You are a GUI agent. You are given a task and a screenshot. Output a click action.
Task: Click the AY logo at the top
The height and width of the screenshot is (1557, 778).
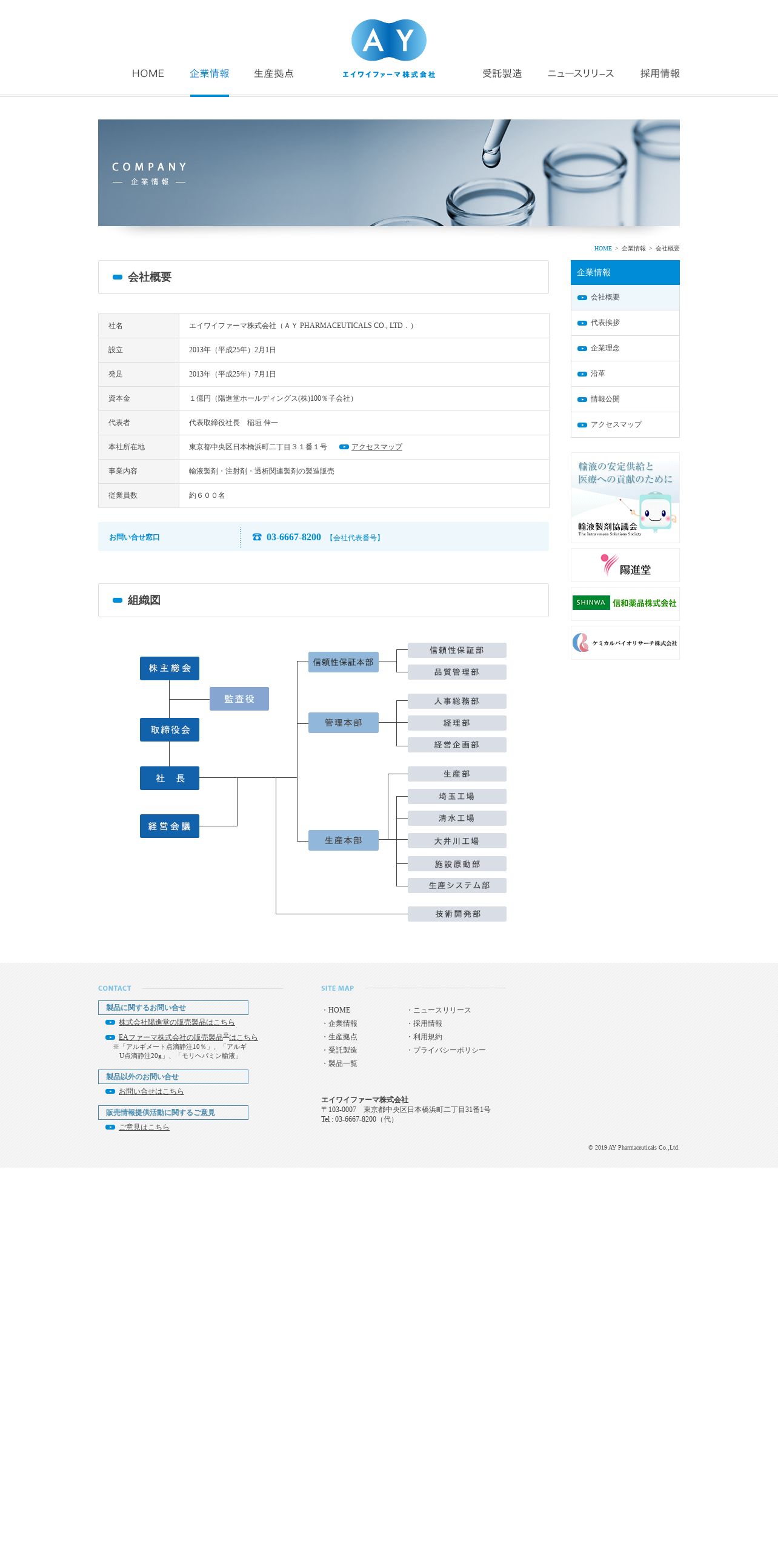389,49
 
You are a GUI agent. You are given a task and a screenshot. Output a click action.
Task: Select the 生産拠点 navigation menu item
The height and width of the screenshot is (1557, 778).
274,73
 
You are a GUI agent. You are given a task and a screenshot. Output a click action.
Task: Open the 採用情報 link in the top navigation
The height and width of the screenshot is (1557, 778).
660,73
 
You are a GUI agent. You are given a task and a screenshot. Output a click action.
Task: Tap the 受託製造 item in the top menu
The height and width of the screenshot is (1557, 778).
502,73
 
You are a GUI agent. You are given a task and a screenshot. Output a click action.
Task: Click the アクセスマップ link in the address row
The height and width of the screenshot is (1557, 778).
376,447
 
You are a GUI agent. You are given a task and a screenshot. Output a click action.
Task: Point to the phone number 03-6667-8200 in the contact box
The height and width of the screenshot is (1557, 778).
294,537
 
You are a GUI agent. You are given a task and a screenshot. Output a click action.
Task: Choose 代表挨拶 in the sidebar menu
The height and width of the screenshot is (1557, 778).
605,323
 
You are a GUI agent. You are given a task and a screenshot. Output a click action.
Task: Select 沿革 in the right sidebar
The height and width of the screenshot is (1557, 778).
598,373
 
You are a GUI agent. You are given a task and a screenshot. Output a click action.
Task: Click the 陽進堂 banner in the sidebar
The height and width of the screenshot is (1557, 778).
625,565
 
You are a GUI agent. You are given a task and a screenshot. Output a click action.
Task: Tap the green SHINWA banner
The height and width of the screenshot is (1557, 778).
625,603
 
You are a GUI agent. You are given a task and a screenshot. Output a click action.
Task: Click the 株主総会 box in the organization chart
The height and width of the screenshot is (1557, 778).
170,668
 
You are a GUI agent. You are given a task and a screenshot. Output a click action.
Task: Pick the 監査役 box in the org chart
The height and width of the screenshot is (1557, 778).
239,699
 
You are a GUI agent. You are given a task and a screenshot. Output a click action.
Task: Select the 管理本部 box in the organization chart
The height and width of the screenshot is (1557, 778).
344,723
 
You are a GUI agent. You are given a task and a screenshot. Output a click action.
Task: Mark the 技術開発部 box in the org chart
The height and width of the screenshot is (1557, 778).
457,914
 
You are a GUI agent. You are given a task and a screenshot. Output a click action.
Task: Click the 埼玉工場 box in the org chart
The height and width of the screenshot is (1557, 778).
457,796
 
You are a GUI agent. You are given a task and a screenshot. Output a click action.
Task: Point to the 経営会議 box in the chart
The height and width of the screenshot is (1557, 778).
170,826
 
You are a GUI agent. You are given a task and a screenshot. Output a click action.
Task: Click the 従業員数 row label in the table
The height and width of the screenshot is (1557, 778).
123,495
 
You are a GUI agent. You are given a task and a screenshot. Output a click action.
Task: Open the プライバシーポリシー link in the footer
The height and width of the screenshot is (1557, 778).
449,1050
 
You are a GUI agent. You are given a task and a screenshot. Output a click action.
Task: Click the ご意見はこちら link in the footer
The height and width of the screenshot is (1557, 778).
144,1127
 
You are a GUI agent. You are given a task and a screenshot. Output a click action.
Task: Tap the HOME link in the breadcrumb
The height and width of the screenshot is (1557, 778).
603,249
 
